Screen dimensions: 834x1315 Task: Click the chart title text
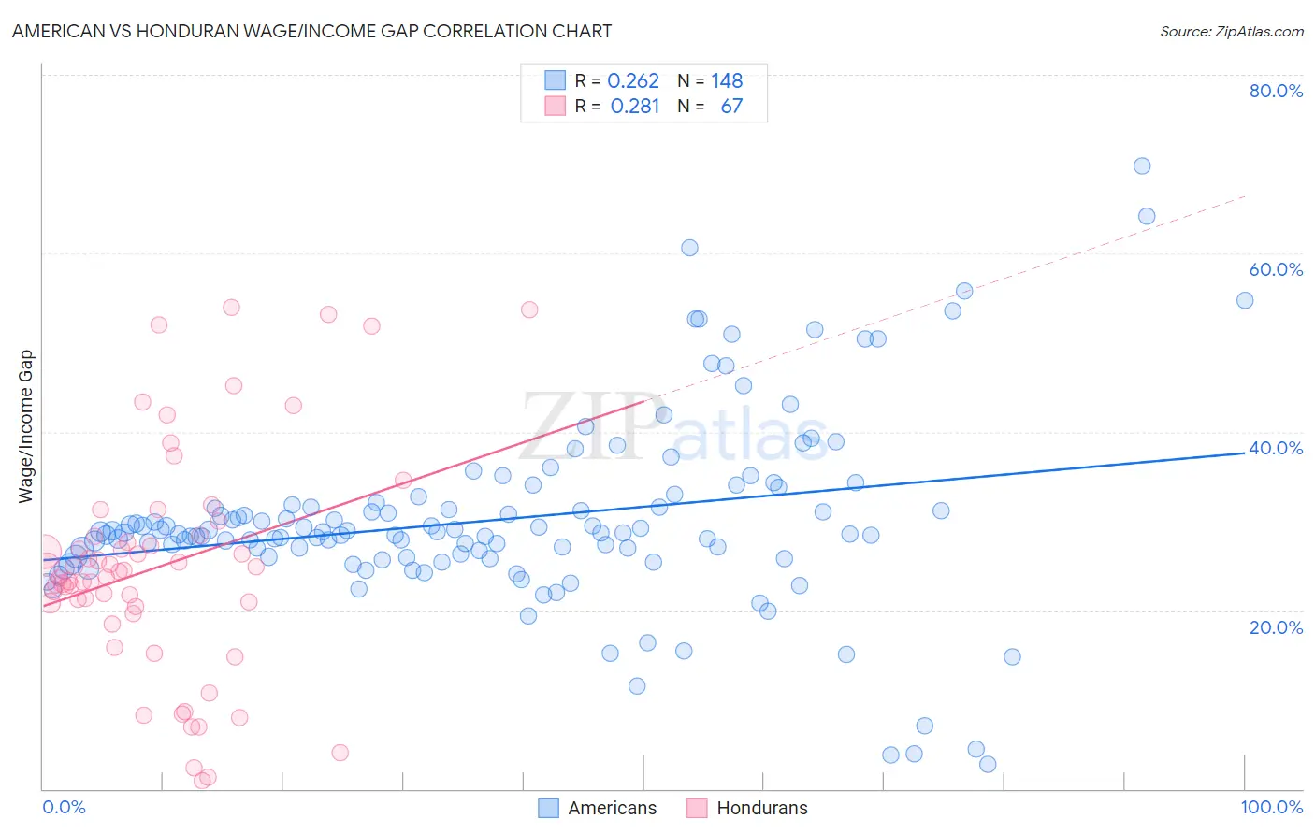click(x=311, y=31)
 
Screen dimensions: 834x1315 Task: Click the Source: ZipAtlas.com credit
click(x=1231, y=31)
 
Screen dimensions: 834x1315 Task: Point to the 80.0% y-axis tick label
click(x=1276, y=91)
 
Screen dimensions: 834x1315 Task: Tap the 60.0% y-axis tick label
click(x=1276, y=269)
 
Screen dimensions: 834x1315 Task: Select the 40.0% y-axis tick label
click(x=1276, y=448)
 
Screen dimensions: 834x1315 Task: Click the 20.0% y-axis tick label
click(x=1276, y=627)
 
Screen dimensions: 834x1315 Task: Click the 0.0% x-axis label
click(x=64, y=807)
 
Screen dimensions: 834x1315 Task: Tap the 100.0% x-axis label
click(x=1271, y=807)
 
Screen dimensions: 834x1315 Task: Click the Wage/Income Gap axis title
click(x=25, y=426)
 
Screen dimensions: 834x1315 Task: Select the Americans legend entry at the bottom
click(x=612, y=808)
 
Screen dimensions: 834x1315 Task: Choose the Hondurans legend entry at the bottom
click(x=761, y=808)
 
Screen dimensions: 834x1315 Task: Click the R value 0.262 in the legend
click(x=633, y=81)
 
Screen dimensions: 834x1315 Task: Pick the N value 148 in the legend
click(x=727, y=81)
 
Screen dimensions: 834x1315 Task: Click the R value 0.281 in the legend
click(x=635, y=107)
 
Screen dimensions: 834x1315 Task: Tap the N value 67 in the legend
click(x=731, y=107)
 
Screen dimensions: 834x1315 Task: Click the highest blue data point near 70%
click(x=1141, y=166)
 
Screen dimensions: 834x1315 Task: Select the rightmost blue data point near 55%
click(x=1244, y=300)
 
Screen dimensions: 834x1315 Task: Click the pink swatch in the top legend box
click(x=556, y=107)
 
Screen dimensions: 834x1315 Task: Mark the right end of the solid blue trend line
click(x=1245, y=452)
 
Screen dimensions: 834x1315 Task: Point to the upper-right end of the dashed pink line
click(x=1245, y=196)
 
